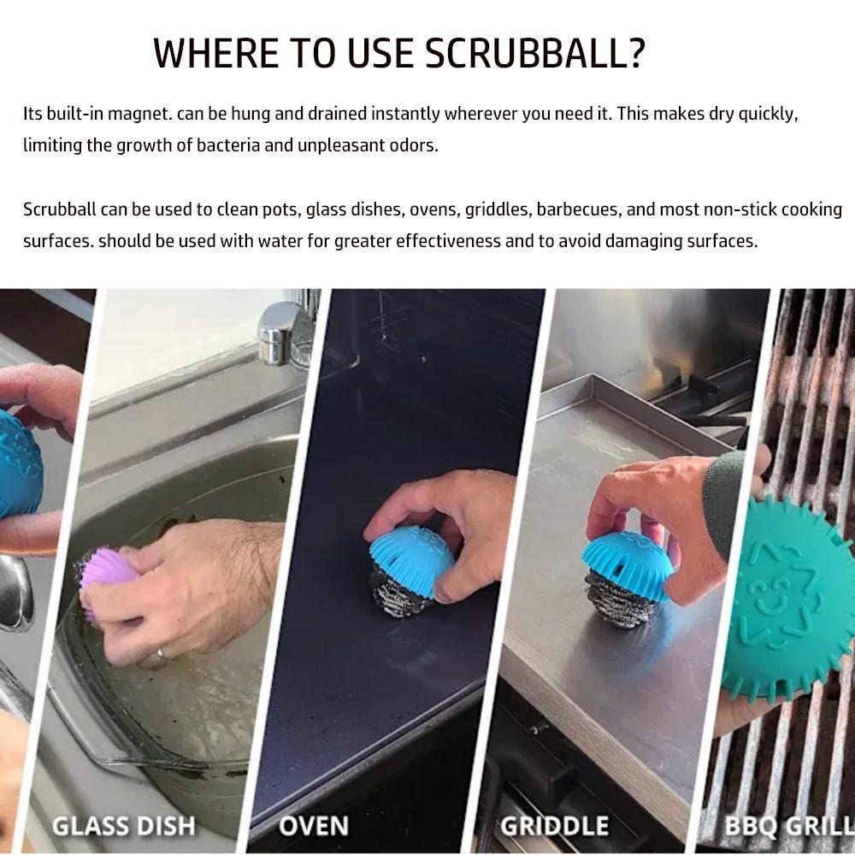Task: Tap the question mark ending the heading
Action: click(x=634, y=53)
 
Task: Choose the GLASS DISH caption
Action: click(x=124, y=826)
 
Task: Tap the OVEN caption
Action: click(x=314, y=826)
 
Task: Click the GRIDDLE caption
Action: click(x=555, y=826)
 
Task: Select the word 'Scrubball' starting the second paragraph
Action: click(x=58, y=209)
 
